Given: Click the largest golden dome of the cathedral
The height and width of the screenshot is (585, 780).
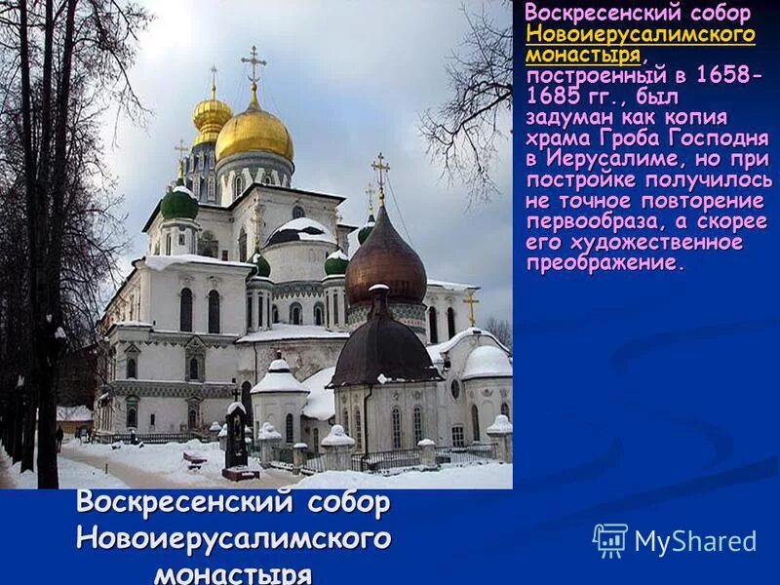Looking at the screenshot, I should click(253, 135).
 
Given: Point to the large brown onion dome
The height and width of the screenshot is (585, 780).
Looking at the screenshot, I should click(385, 260).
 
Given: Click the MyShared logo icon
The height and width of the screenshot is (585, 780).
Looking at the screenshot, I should click(610, 540).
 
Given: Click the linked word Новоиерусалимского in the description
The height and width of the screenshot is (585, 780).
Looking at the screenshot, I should click(640, 34).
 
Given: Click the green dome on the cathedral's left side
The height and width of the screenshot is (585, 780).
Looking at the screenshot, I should click(179, 203).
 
